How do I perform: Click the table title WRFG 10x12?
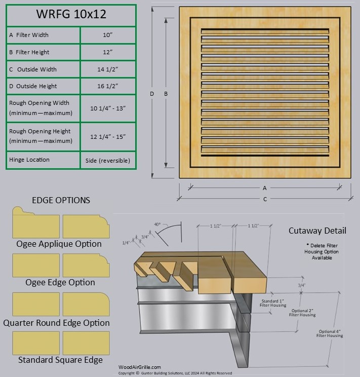(71, 14)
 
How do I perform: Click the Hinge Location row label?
(29, 160)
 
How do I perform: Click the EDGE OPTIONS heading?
(61, 200)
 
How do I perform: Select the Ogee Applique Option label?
(59, 244)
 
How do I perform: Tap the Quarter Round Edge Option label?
(56, 323)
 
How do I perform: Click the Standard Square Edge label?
(60, 360)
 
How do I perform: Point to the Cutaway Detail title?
(317, 231)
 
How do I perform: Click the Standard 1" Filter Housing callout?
(273, 304)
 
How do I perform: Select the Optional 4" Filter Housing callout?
(330, 333)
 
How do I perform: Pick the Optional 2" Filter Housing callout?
(302, 313)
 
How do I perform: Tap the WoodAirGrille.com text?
(140, 367)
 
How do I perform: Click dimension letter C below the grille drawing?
(265, 199)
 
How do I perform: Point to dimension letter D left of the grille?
(151, 94)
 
